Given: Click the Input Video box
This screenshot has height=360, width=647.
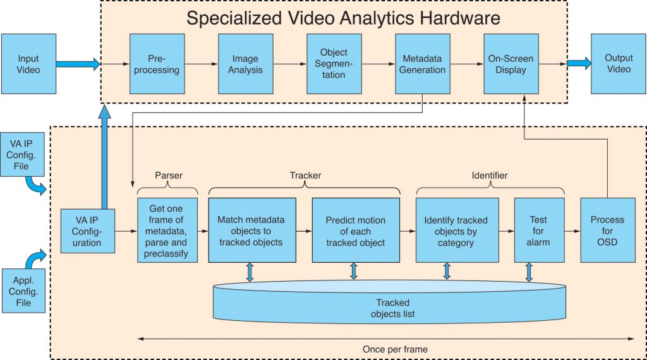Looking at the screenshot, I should coord(28,63).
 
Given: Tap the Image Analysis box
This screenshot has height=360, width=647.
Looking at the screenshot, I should coord(245,63).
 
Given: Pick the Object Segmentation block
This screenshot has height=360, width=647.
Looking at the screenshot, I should coord(334,63).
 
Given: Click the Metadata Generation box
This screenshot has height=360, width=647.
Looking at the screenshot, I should coord(422,63).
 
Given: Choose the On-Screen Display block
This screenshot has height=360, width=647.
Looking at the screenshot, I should coord(511,63).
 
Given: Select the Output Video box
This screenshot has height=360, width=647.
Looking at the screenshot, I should coord(618,63).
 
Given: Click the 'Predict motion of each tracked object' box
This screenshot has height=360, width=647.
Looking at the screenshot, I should coord(356,230).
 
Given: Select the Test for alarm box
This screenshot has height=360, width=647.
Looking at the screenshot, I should coord(538,230).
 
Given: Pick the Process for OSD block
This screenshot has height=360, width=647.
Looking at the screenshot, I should coord(607,230).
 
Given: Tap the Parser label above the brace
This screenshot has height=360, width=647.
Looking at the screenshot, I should coord(168,175).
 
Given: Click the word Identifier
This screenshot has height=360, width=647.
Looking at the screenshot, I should coord(490,175).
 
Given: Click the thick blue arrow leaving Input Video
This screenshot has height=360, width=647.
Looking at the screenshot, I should coord(78,63).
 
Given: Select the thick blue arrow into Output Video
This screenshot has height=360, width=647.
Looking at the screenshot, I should coord(579,63).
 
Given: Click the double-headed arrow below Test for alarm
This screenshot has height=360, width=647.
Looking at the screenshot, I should coord(529,272).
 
